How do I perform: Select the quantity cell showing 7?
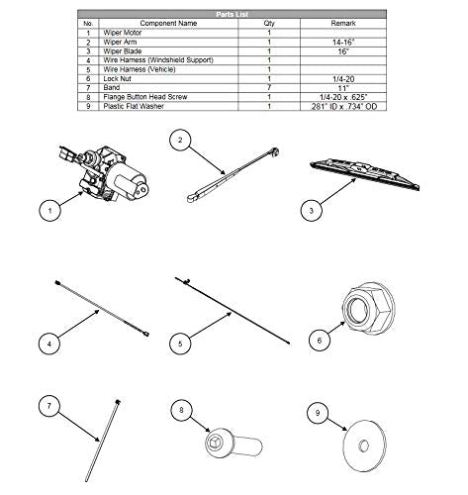click(x=269, y=88)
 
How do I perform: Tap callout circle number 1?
click(x=43, y=210)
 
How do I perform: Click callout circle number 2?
click(x=178, y=142)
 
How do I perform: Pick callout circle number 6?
click(x=319, y=339)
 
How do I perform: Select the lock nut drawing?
click(x=365, y=309)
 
